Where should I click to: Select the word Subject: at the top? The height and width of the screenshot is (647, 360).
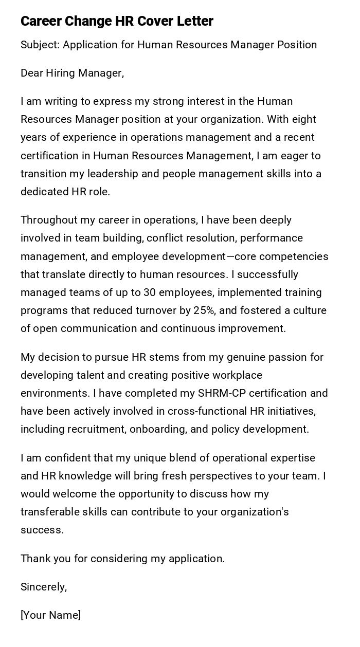(x=40, y=45)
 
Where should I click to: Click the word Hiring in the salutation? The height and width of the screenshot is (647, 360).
(x=61, y=73)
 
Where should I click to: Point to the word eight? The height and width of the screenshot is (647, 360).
(x=304, y=119)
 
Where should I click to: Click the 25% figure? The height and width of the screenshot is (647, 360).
(x=204, y=310)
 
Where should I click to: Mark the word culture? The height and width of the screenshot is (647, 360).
(x=310, y=310)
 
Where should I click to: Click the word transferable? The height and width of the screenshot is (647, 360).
(x=49, y=512)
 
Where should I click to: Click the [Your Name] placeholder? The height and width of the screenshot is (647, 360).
(x=50, y=615)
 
